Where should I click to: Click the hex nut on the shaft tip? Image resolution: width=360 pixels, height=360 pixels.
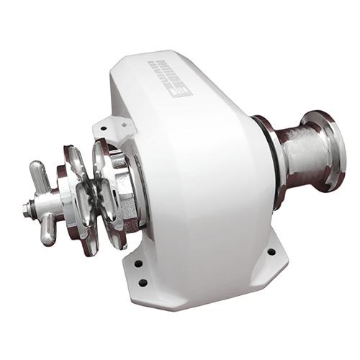click(27, 210)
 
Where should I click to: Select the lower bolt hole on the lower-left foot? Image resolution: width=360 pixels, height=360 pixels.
click(143, 282)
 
